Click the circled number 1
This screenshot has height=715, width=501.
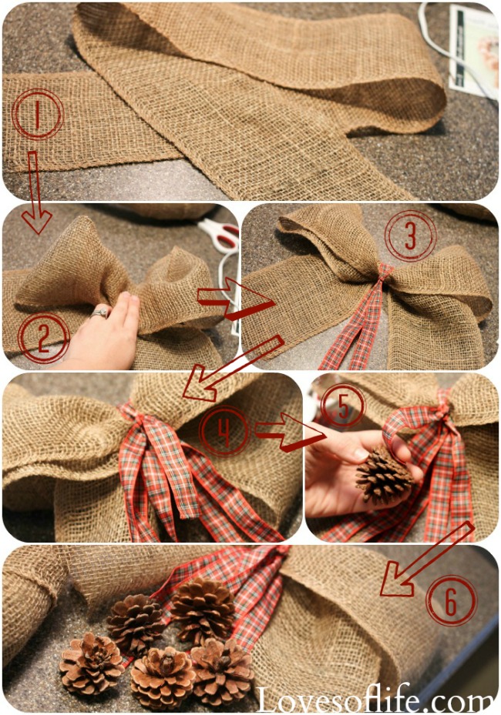click(38, 114)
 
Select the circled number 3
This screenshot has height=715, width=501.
click(411, 236)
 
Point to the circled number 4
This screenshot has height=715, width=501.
click(224, 431)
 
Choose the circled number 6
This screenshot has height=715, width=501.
click(451, 600)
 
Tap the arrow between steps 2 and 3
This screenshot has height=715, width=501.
click(235, 299)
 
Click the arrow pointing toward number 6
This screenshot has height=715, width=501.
click(427, 560)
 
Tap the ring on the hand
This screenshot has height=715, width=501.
click(100, 312)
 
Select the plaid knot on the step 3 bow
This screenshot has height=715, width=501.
click(384, 272)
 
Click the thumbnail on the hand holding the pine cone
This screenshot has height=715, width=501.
click(361, 454)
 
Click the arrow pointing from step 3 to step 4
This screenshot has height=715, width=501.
click(234, 368)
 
